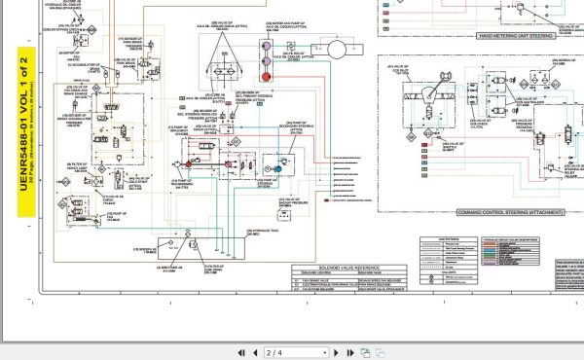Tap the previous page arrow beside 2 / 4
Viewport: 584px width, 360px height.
[239, 351]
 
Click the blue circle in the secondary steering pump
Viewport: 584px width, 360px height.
[278, 166]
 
